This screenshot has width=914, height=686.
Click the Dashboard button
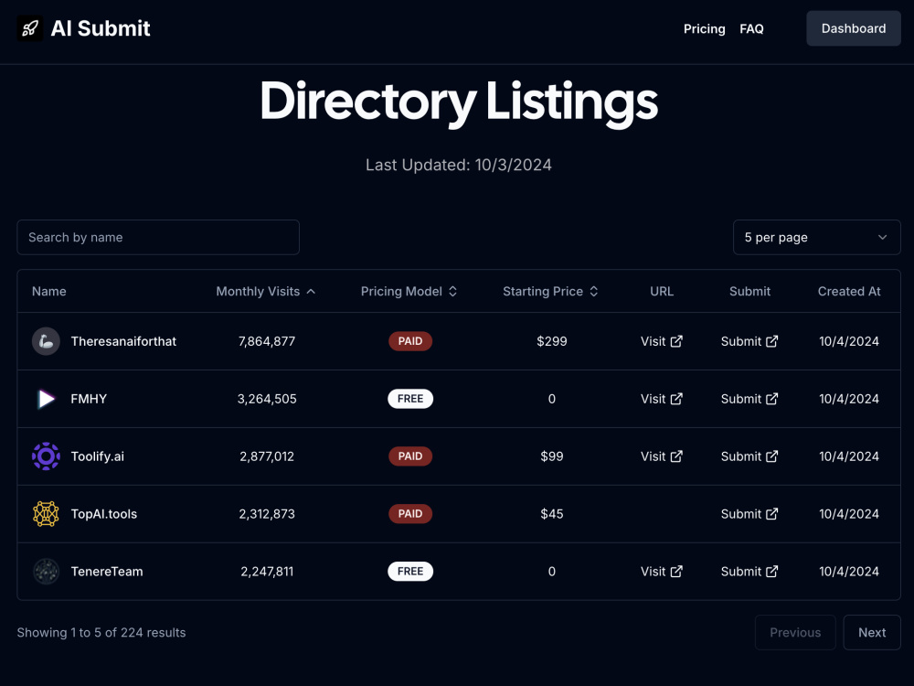click(x=854, y=28)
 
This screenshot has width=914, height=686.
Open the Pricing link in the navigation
click(x=704, y=28)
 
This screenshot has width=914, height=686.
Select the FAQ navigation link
click(x=751, y=28)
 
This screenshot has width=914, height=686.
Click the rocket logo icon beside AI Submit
click(x=30, y=28)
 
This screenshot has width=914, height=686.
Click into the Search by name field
click(x=158, y=238)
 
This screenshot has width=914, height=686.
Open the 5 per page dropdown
click(x=816, y=238)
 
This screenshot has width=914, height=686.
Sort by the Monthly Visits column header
click(x=266, y=291)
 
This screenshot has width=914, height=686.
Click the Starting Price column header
click(x=550, y=291)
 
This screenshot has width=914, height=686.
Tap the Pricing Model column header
click(x=409, y=291)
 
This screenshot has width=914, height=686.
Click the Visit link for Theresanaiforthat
click(x=662, y=341)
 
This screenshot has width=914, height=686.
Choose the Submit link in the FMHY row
click(x=749, y=399)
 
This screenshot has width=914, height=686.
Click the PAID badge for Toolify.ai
click(x=410, y=456)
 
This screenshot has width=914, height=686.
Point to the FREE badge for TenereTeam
click(x=410, y=572)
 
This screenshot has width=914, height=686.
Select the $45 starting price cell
click(x=552, y=514)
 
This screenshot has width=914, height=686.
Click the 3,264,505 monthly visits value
click(x=267, y=399)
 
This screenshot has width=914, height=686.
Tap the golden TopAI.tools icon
click(x=46, y=514)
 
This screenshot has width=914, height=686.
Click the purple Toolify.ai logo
click(x=46, y=456)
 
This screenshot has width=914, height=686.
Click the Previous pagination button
click(x=795, y=632)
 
